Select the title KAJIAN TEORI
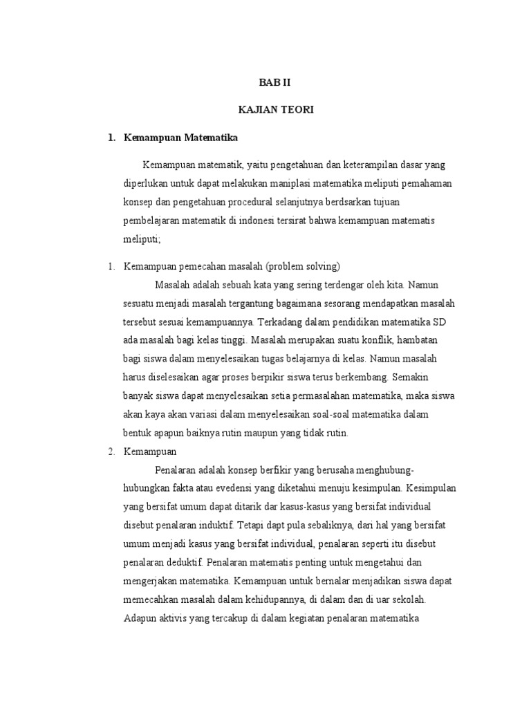(265, 111)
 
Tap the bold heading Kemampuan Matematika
(180, 138)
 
